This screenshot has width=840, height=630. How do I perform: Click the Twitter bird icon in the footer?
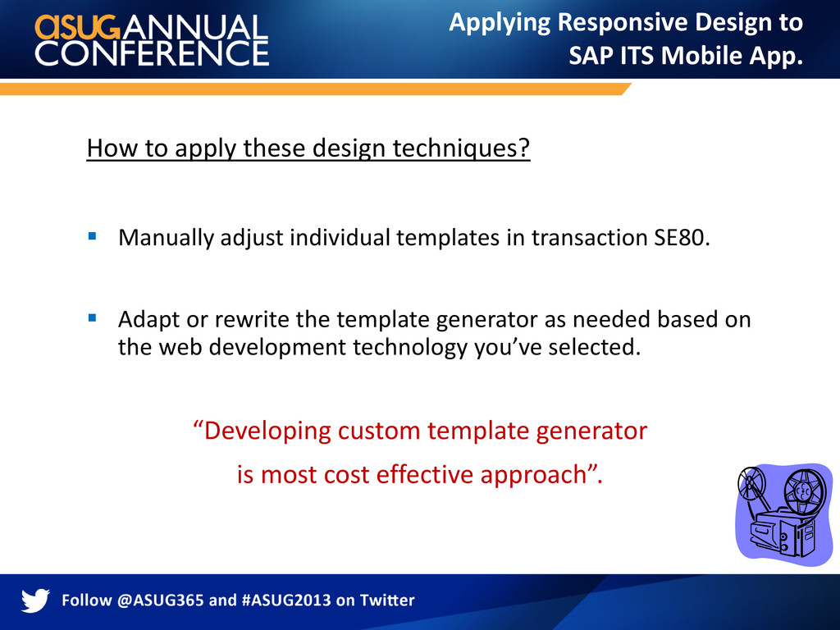35,600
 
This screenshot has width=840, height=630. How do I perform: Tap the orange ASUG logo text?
78,27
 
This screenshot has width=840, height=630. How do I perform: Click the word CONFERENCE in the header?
152,53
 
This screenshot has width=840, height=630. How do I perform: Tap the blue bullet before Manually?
92,235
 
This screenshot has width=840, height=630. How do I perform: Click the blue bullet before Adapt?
92,317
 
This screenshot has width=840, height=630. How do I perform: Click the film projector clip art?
784,514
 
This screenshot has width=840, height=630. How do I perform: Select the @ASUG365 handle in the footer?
160,600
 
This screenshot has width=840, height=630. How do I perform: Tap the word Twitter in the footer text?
387,600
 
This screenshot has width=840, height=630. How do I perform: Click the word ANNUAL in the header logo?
195,27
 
